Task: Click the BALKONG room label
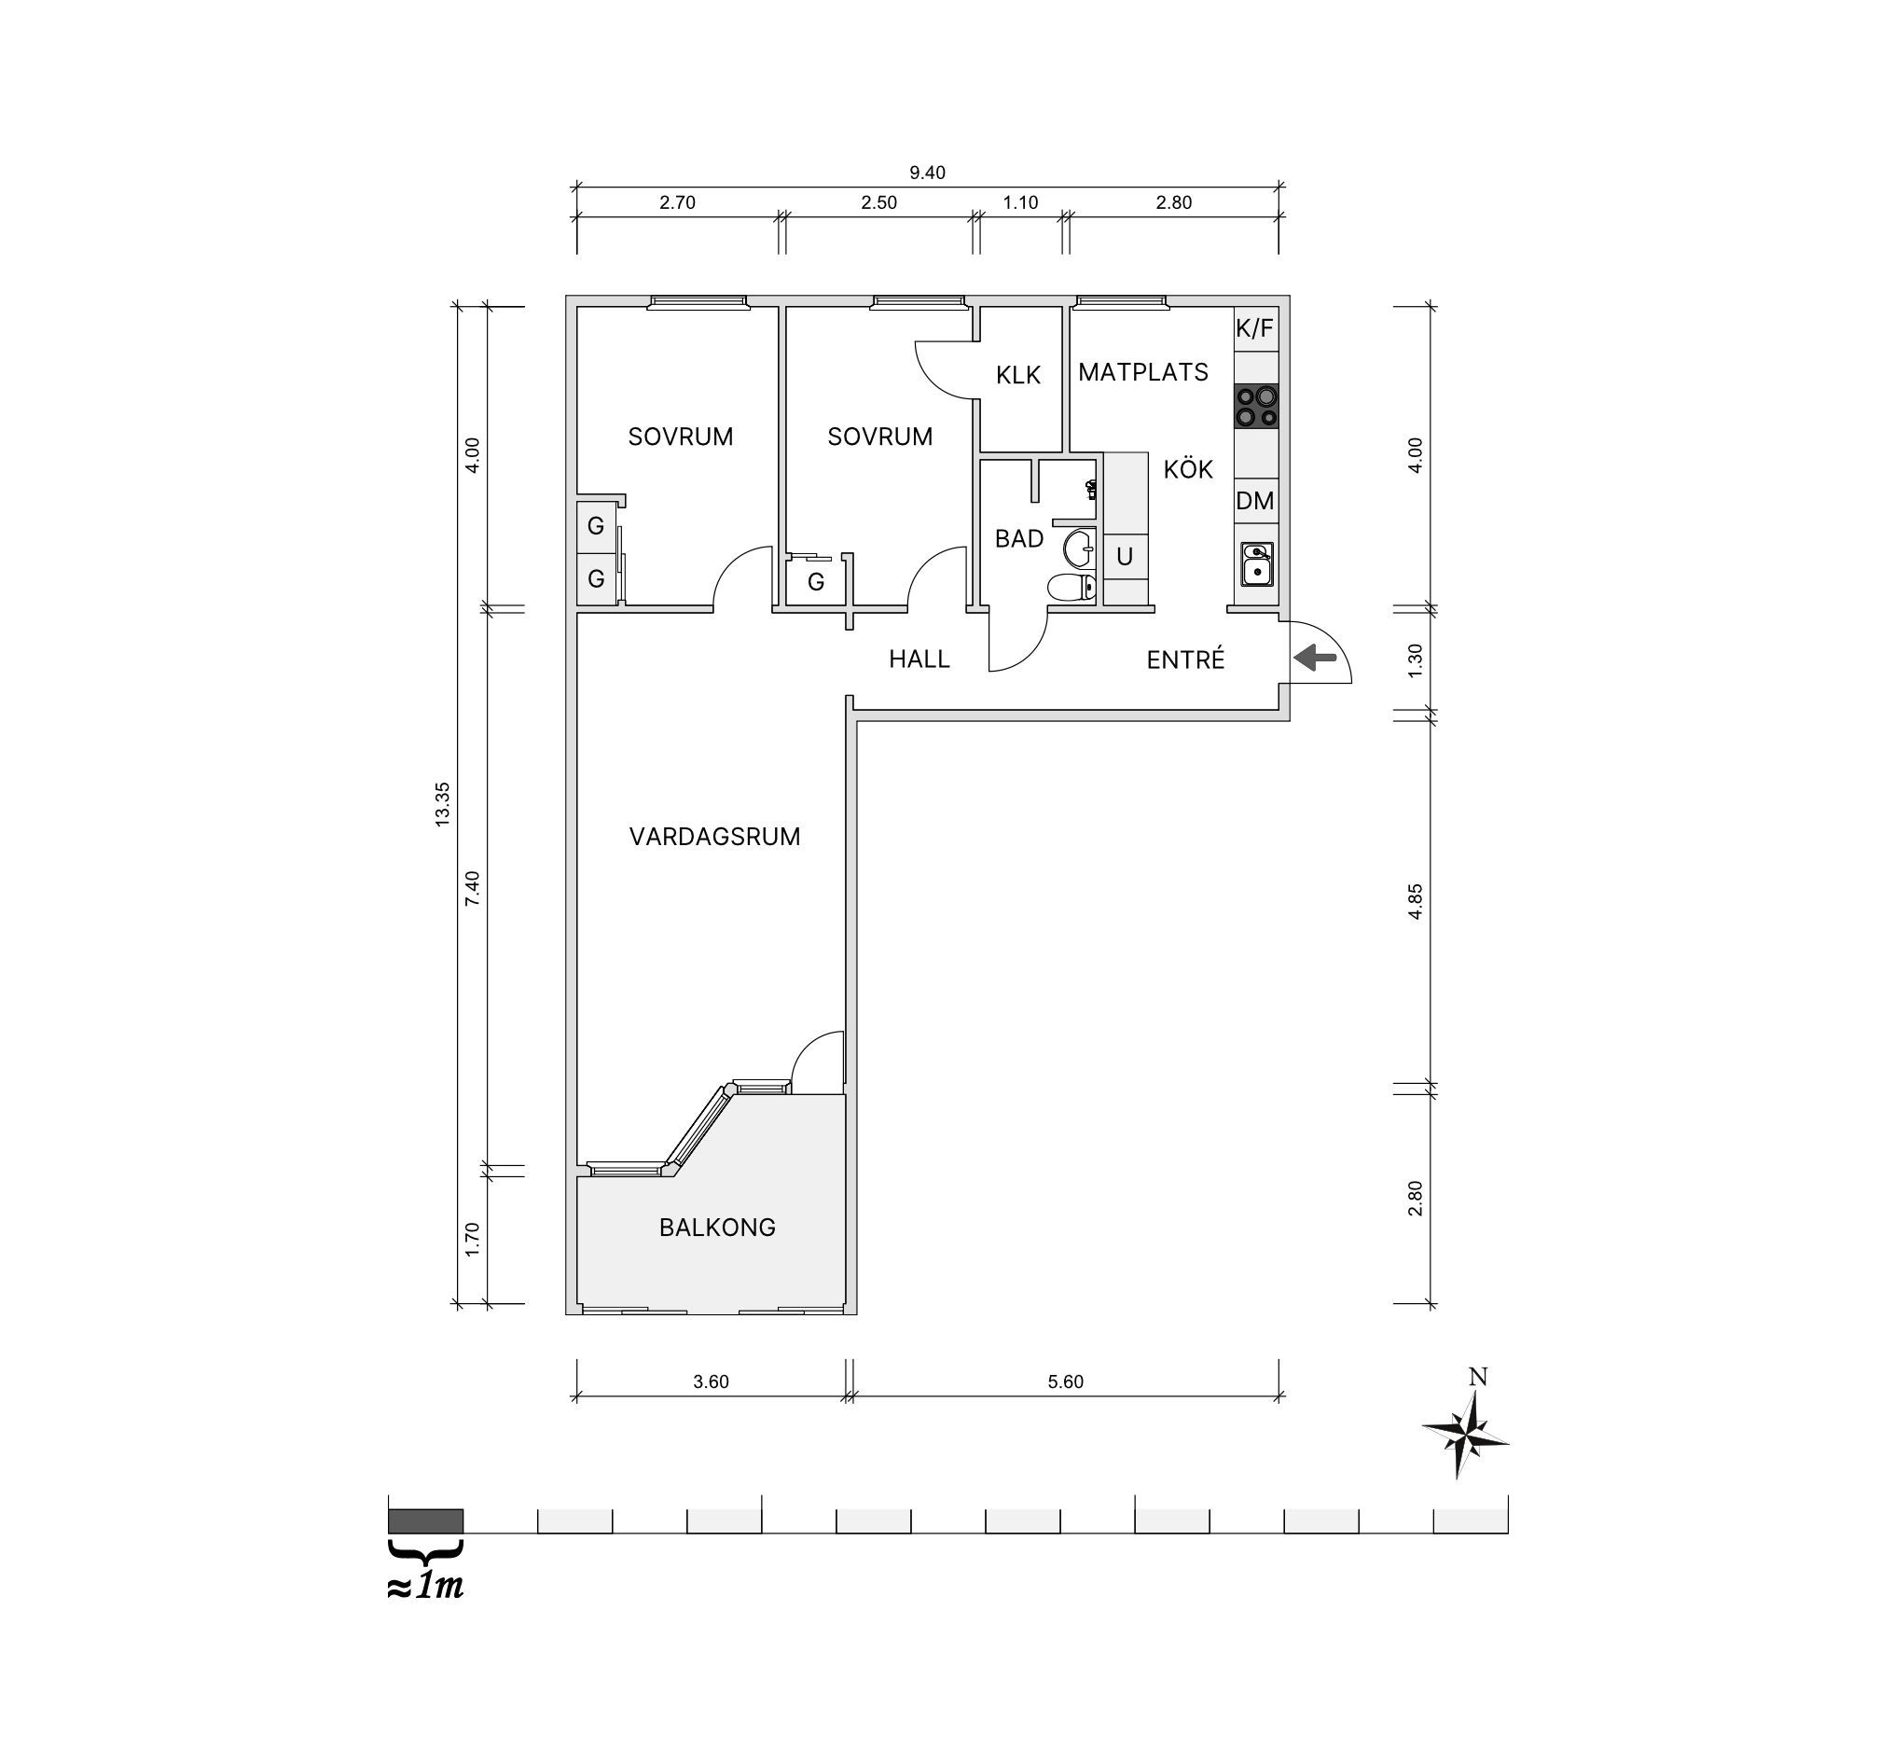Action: point(716,1228)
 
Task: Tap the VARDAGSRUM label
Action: point(714,837)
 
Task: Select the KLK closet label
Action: point(1018,376)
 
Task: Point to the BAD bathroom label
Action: point(1018,539)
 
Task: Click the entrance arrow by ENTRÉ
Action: point(1315,657)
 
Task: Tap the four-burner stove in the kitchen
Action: point(1257,406)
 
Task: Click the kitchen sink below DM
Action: point(1257,564)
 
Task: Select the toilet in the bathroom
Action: point(1071,587)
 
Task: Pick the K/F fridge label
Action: point(1254,328)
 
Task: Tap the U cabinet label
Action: point(1125,557)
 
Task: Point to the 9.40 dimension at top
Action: point(927,173)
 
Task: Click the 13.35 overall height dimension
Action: point(442,804)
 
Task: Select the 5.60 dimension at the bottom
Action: point(1065,1381)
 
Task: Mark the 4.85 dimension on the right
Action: point(1415,901)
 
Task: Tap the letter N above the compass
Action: point(1478,1377)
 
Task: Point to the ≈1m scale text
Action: point(426,1587)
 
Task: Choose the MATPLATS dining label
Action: point(1143,372)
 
